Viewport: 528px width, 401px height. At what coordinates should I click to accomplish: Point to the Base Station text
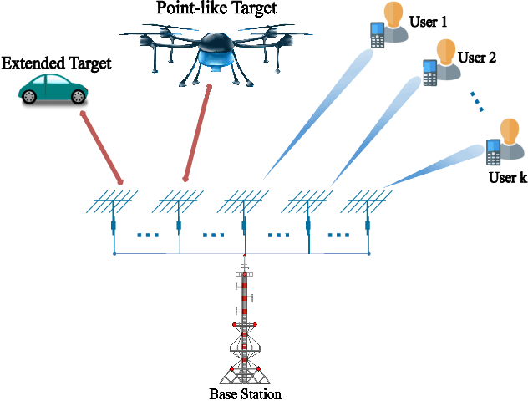pyautogui.click(x=244, y=393)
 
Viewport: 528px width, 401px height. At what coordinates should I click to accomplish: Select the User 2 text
pyautogui.click(x=477, y=58)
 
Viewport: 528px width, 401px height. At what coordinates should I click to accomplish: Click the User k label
pyautogui.click(x=507, y=178)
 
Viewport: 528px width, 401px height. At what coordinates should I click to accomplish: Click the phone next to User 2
pyautogui.click(x=430, y=73)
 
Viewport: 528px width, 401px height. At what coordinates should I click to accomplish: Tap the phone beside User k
pyautogui.click(x=493, y=151)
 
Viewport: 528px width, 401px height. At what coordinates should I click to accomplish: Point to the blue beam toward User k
pyautogui.click(x=434, y=166)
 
